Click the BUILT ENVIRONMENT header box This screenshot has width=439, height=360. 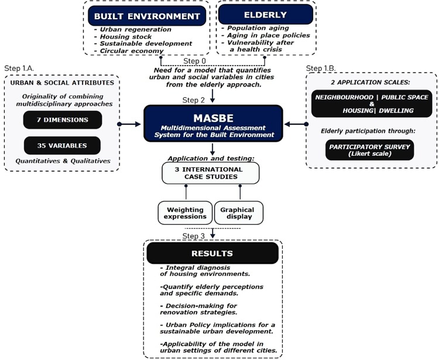pos(145,16)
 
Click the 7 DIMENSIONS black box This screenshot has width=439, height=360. pos(63,119)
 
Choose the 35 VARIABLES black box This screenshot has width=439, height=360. pos(63,145)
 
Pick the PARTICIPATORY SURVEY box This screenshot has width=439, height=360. pos(369,149)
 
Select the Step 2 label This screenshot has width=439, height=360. pos(194,100)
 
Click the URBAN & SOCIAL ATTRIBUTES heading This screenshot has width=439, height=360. pos(63,83)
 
